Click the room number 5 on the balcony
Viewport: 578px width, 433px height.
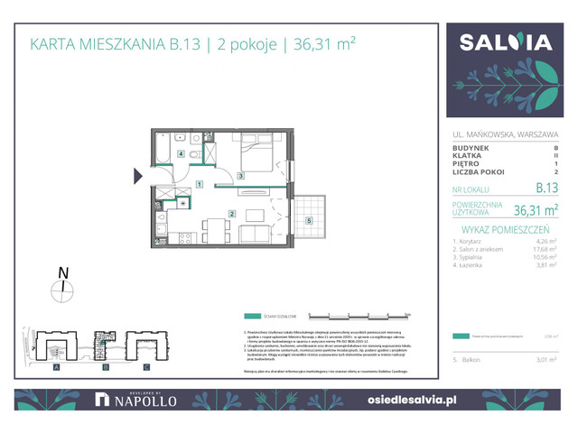click(310, 220)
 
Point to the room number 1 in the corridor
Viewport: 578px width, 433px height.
click(199, 185)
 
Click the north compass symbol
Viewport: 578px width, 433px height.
click(63, 290)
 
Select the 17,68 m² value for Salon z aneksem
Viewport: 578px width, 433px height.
click(545, 252)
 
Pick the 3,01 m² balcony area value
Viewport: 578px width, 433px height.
click(545, 359)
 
